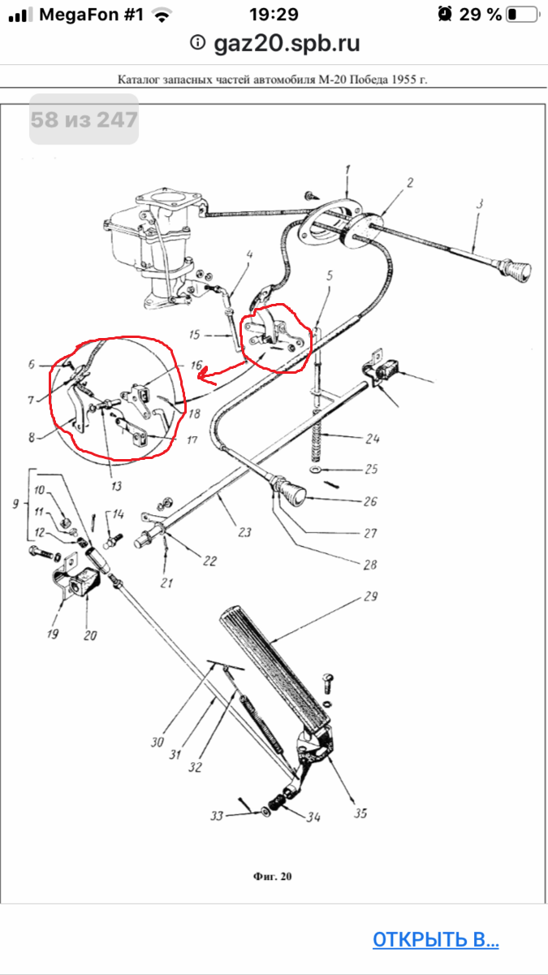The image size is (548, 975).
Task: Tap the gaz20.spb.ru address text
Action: point(287,44)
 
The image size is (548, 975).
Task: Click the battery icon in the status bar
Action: point(523,15)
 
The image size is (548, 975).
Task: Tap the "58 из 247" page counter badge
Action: point(84,119)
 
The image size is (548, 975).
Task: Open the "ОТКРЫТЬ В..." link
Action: point(435,939)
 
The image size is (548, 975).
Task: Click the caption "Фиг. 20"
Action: point(272,876)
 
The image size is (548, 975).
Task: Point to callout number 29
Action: point(370,596)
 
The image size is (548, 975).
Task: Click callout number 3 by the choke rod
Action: point(479,203)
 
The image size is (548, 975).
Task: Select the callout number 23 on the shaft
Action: point(244,532)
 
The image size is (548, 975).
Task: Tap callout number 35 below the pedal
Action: point(360,813)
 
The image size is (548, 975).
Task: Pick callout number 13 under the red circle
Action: point(116,486)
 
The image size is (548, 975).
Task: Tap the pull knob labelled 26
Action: point(292,492)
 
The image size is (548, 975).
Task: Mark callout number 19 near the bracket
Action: point(53,633)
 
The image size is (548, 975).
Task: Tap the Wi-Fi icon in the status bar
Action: point(162,15)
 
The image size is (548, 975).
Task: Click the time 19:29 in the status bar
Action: point(274,15)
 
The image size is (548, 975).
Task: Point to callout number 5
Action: point(330,275)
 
